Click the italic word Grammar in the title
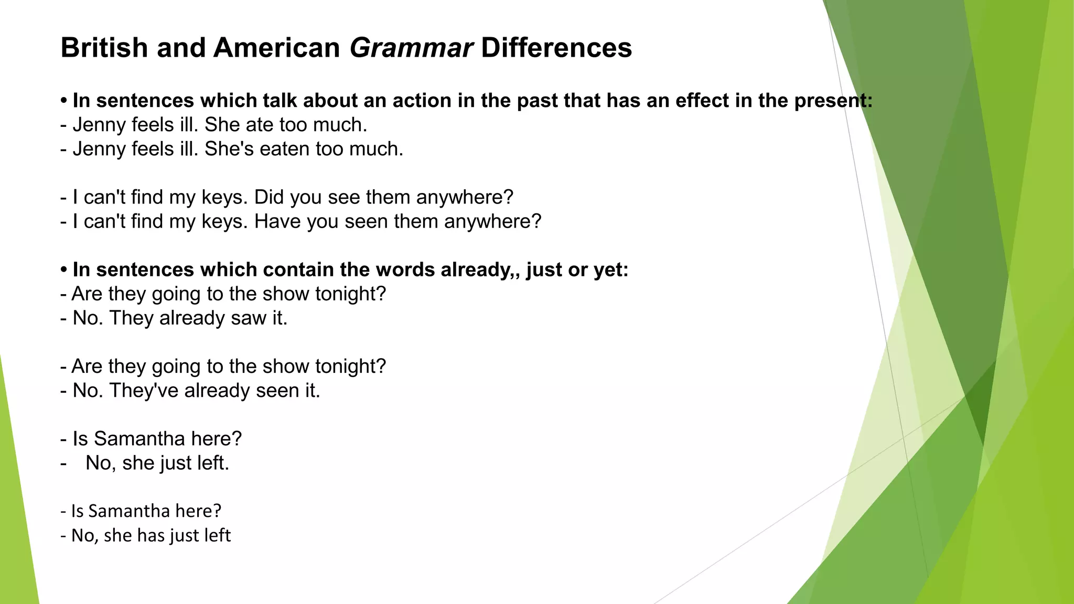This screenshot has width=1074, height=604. coord(411,48)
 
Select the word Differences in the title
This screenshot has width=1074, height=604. coord(556,48)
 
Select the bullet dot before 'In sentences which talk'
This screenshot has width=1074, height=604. coord(64,101)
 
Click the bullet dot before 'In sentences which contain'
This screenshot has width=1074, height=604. coord(64,271)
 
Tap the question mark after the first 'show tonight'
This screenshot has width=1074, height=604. coord(381,294)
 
